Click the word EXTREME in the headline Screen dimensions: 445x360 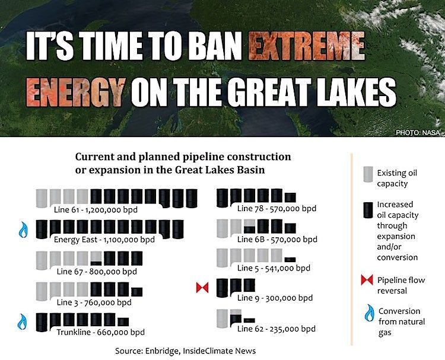point(307,46)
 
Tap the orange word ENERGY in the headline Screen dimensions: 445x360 point(75,91)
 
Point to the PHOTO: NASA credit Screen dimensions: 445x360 point(418,132)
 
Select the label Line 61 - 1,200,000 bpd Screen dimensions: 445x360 point(96,209)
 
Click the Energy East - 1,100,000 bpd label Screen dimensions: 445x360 point(104,240)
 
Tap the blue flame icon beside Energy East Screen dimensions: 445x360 point(23,230)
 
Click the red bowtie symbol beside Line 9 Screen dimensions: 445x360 point(202,288)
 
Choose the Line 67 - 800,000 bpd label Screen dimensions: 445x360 point(97,272)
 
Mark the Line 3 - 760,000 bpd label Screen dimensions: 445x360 point(94,302)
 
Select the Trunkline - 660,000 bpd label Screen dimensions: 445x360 point(100,332)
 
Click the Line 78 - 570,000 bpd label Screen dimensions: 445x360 point(276,209)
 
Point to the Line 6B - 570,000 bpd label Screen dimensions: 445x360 point(277,240)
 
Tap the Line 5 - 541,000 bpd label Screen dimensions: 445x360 point(274,268)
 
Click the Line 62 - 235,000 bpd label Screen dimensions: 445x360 point(276,329)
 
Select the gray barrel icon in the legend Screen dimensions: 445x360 point(368,174)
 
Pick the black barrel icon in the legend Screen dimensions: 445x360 point(368,210)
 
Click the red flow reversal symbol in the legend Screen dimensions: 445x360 point(367,280)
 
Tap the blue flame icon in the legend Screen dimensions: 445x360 point(369,313)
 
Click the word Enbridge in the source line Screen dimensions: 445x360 point(162,351)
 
